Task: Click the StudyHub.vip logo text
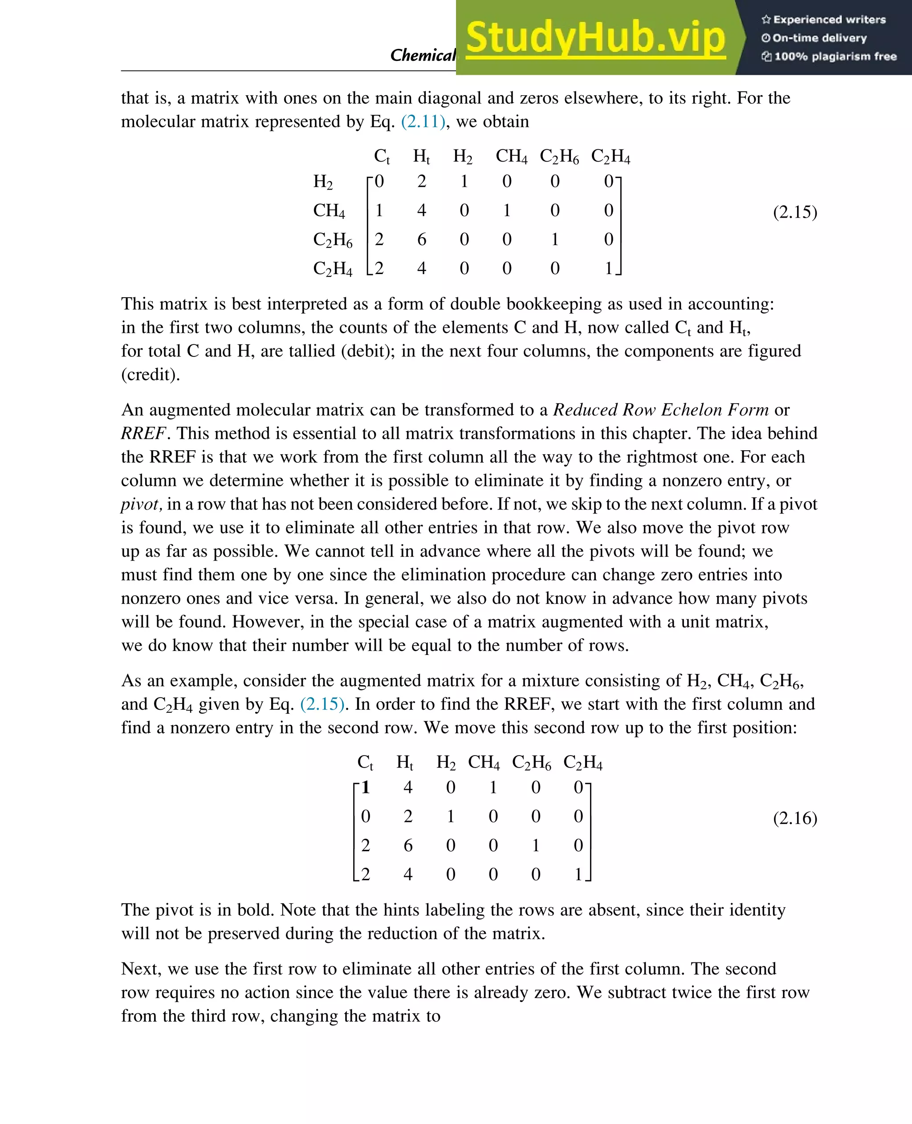pyautogui.click(x=595, y=38)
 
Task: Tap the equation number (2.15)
pyautogui.click(x=794, y=212)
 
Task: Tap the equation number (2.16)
pyautogui.click(x=794, y=818)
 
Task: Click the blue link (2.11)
pyautogui.click(x=423, y=121)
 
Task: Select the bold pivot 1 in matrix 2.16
pyautogui.click(x=366, y=787)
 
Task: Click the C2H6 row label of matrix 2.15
pyautogui.click(x=333, y=239)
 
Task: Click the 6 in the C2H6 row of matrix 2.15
pyautogui.click(x=421, y=239)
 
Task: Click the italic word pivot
pyautogui.click(x=140, y=504)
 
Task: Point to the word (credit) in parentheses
pyautogui.click(x=150, y=374)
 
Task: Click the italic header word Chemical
pyautogui.click(x=422, y=55)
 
